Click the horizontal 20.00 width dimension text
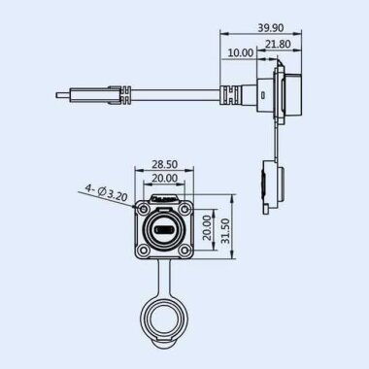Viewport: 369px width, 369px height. coord(163,180)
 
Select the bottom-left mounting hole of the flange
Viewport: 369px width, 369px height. coord(144,251)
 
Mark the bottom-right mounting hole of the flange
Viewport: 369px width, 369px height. coord(184,251)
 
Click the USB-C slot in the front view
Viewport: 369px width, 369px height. coord(164,230)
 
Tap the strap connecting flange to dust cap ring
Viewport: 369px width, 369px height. coord(163,277)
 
